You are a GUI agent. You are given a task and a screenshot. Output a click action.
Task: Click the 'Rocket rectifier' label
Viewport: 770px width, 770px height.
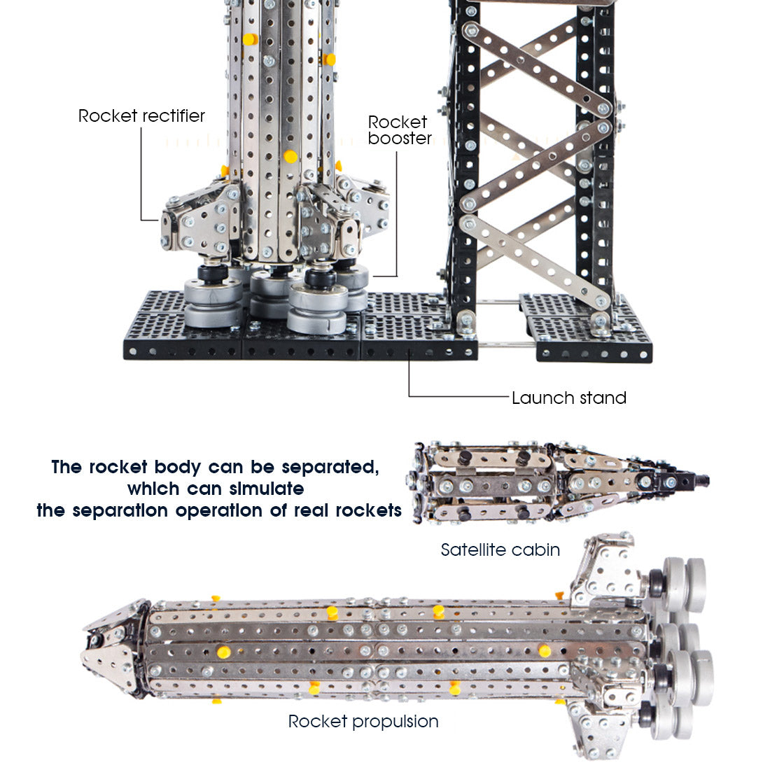(141, 115)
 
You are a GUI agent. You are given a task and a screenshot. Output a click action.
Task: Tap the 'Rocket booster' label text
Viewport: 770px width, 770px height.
(399, 130)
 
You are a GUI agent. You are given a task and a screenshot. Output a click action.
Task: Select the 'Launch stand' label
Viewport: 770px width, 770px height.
(568, 398)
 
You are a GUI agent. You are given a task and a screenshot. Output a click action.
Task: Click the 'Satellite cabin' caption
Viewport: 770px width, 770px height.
(500, 550)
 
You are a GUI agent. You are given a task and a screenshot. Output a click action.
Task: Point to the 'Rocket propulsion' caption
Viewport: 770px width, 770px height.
(363, 721)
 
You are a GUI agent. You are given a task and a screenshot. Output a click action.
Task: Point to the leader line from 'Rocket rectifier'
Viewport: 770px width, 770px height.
(141, 175)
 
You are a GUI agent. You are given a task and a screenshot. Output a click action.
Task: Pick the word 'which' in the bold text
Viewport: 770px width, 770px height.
(146, 489)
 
